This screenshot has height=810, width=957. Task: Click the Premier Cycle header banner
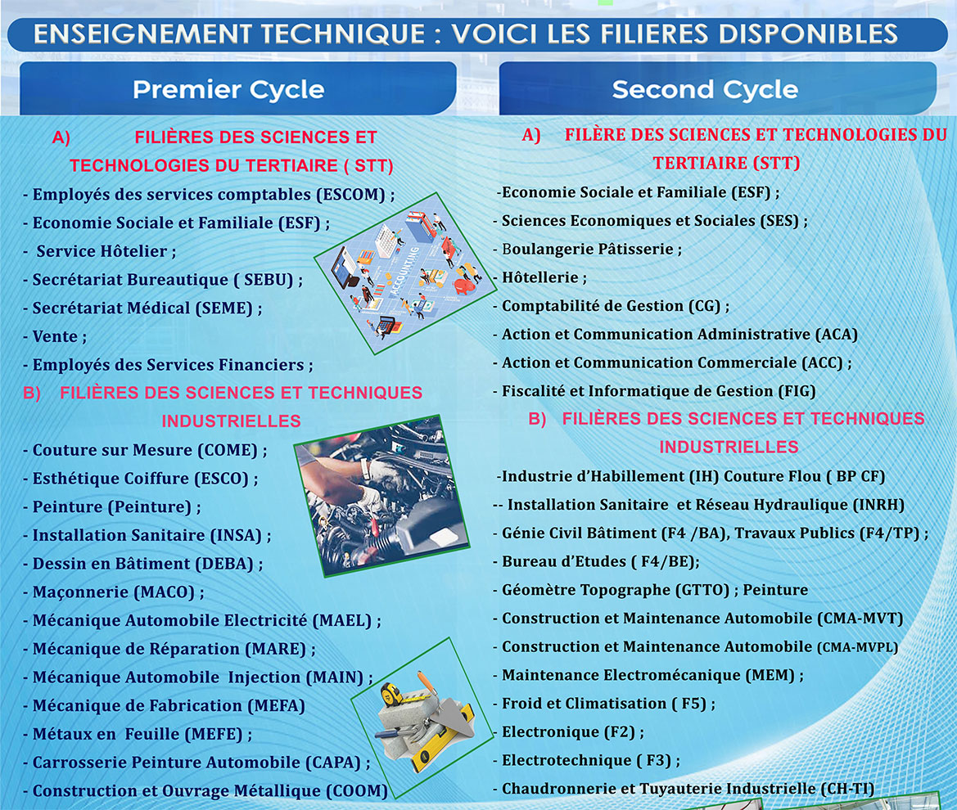[x=238, y=88]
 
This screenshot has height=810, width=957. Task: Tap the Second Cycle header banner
[x=718, y=88]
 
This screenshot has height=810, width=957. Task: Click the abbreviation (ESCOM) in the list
[x=351, y=195]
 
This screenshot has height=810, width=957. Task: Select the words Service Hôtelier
[x=102, y=251]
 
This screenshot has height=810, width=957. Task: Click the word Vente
[x=55, y=337]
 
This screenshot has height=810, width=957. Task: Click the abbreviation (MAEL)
[x=342, y=621]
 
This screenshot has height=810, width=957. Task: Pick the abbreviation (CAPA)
[x=334, y=763]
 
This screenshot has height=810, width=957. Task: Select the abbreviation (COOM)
[x=357, y=791]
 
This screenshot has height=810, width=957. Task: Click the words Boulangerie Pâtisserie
[x=588, y=249]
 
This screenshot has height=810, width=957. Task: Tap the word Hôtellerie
[x=540, y=277]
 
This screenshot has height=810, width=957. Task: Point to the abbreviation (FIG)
[x=797, y=392]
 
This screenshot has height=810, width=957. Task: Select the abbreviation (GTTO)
[x=702, y=591]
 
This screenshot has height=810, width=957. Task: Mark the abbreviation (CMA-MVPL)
[x=857, y=647]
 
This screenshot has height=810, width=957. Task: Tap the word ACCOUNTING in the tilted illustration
[x=404, y=271]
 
